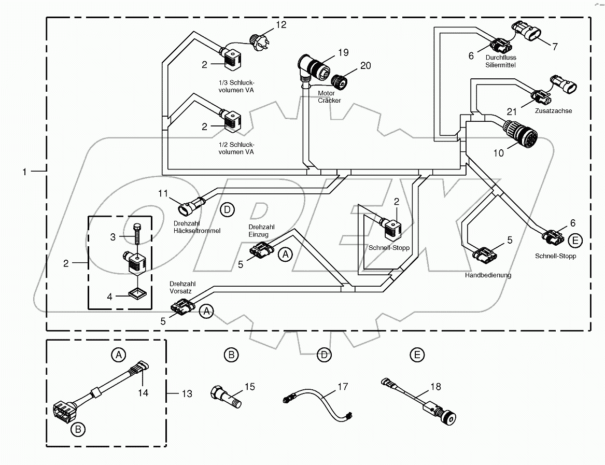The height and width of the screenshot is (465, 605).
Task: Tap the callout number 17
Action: tap(343, 386)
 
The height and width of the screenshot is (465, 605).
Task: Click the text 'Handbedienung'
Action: tap(488, 275)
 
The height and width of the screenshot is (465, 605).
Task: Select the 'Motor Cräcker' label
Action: tap(329, 97)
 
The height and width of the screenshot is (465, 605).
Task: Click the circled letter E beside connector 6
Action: tap(574, 240)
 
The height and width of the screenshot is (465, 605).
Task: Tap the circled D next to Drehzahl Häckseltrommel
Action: tap(227, 210)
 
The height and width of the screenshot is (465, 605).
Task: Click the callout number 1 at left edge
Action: tap(24, 172)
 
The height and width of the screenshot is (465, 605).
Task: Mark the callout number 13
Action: tap(186, 394)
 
